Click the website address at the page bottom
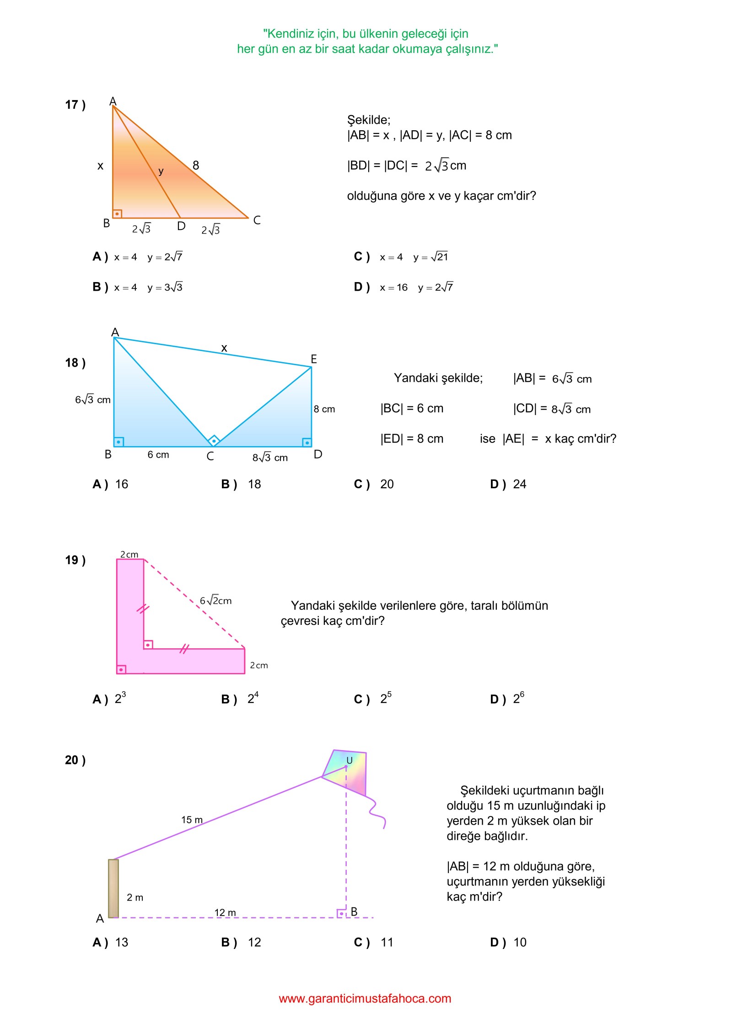click(365, 998)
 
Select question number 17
click(75, 105)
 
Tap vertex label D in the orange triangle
click(181, 226)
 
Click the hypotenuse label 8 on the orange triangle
click(196, 165)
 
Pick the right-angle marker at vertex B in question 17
click(118, 213)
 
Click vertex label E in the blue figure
click(314, 359)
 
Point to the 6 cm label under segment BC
click(158, 455)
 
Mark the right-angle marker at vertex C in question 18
click(214, 441)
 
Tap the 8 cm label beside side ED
click(324, 409)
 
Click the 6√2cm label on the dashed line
click(216, 601)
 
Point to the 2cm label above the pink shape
click(129, 554)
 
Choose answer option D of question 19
click(508, 699)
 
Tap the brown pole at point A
click(113, 888)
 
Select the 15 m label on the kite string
click(192, 820)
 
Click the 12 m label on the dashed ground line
click(225, 912)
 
